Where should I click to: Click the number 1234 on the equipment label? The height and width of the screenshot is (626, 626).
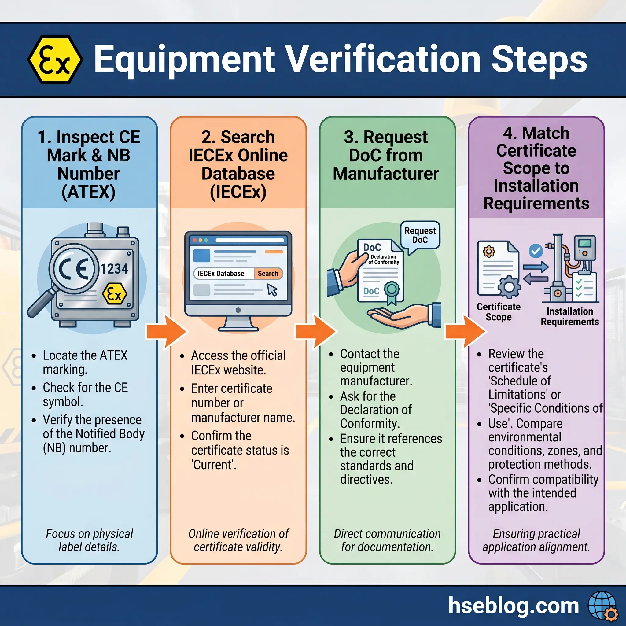click(x=114, y=269)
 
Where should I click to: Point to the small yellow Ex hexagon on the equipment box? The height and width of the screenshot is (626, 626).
click(x=114, y=294)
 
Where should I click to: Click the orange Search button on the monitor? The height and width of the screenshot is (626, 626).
click(x=268, y=274)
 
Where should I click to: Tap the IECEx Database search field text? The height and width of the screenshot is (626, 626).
click(x=221, y=274)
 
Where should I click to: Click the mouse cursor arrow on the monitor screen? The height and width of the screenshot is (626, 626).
click(x=272, y=290)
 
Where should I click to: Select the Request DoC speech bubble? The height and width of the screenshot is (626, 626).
click(x=420, y=235)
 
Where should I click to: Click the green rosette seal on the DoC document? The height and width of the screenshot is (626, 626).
click(x=392, y=289)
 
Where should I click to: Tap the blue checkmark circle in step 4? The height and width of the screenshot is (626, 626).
click(x=536, y=251)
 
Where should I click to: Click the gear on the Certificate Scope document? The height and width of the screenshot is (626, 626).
click(x=509, y=286)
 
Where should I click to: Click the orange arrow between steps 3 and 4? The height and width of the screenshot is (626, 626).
click(x=465, y=331)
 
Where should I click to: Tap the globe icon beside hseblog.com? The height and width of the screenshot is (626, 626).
click(x=602, y=605)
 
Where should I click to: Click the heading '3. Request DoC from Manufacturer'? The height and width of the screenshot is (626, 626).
click(x=386, y=155)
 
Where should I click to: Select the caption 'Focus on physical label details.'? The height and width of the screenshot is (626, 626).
click(x=89, y=540)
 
